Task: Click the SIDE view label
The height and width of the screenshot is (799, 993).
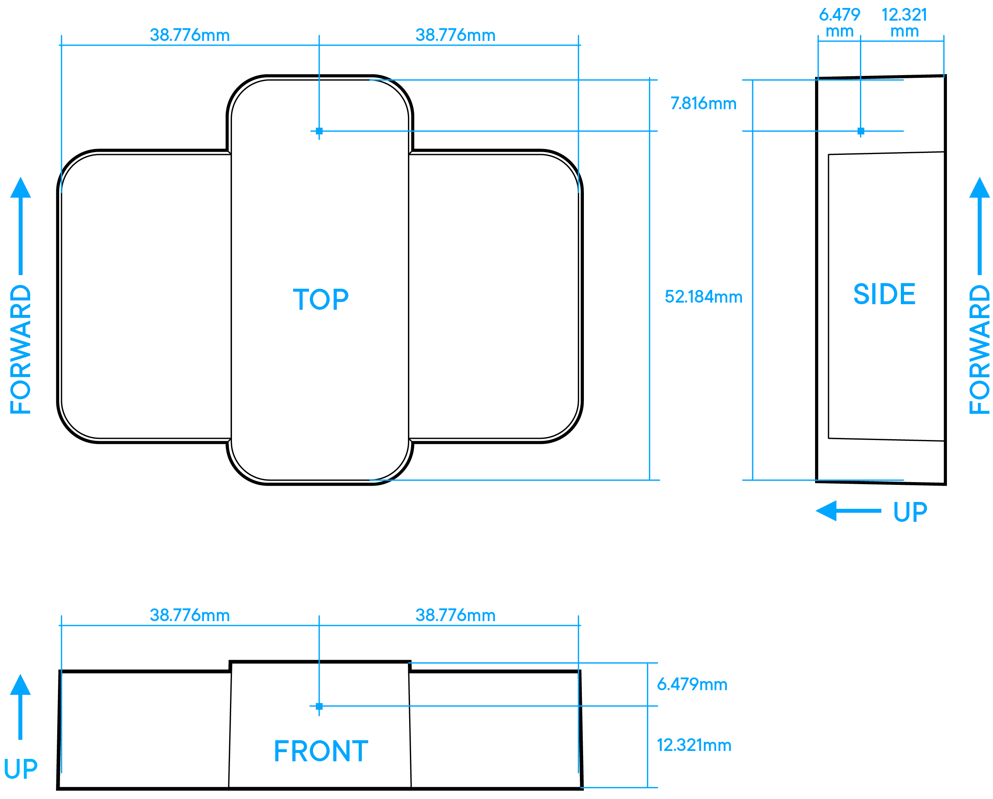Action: tap(884, 294)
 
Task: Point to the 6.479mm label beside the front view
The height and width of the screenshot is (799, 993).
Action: tap(692, 684)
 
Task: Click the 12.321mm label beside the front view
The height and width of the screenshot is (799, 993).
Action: tap(694, 745)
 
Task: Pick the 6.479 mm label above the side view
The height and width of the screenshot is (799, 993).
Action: tap(839, 23)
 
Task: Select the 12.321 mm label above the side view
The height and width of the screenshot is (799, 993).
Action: tap(904, 23)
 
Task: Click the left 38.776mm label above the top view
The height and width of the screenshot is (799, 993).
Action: tap(190, 35)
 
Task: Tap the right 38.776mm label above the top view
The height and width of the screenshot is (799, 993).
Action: tap(455, 35)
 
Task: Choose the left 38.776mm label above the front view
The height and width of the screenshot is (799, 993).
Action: tap(190, 615)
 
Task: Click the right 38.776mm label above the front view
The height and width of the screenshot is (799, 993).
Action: tap(455, 615)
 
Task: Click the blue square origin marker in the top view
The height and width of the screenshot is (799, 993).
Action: tap(319, 131)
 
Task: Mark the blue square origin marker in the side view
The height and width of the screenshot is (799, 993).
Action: tap(861, 131)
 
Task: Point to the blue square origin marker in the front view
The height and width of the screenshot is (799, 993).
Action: tap(319, 706)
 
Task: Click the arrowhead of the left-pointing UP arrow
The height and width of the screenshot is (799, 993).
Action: tap(826, 511)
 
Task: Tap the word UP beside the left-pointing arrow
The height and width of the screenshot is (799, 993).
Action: tap(910, 512)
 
